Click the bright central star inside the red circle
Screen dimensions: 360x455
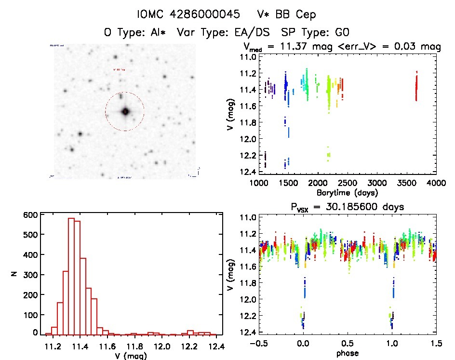(x=125, y=111)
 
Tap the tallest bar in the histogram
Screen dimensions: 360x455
(x=71, y=276)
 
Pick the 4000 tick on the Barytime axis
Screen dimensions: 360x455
(x=436, y=183)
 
